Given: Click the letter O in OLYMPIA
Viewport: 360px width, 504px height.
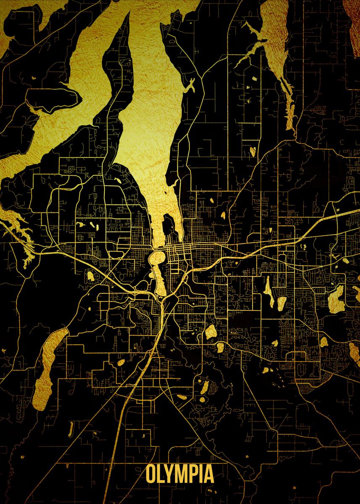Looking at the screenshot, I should point(151,475).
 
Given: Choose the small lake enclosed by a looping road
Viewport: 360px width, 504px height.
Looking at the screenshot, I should point(90,276).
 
